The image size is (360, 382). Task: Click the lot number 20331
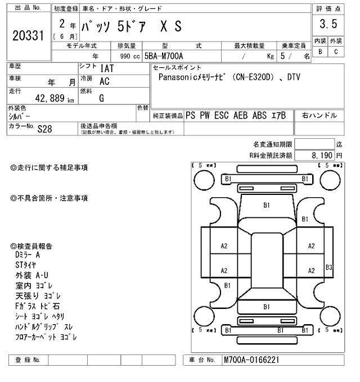pos(28,36)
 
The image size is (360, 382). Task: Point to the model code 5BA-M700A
pos(165,56)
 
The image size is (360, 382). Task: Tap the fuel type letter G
pos(102,98)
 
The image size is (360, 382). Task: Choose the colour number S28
pos(44,128)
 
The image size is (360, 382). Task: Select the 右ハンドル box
pos(319,115)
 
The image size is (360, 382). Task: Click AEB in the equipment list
pos(242,115)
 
